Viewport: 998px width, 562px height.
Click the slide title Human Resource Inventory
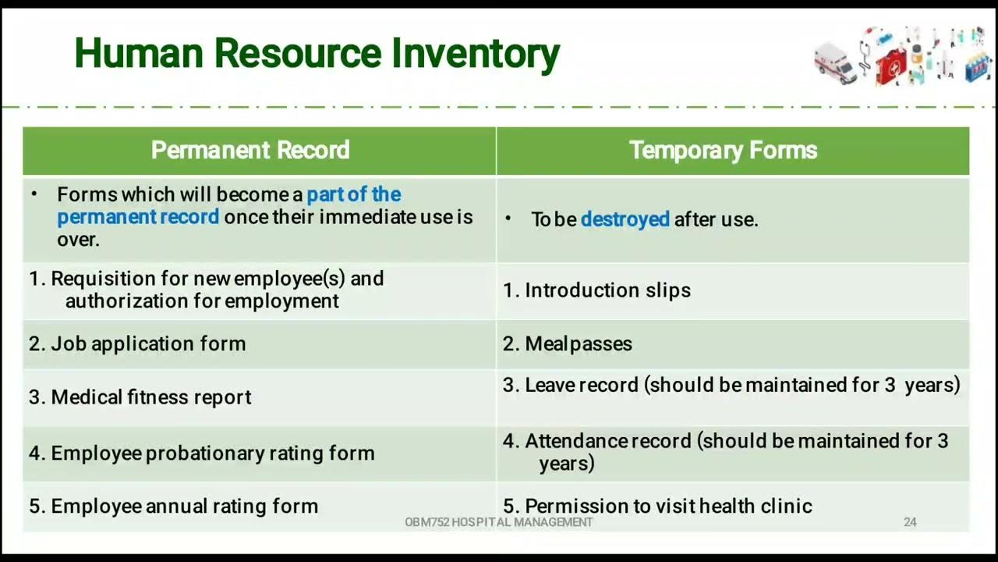coord(317,53)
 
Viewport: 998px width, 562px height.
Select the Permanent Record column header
coord(249,150)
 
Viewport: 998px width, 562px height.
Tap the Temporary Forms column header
coord(723,150)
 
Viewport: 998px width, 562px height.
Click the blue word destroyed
coord(625,219)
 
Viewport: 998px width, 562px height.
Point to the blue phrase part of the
coord(353,194)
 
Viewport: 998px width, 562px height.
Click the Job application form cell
coord(137,343)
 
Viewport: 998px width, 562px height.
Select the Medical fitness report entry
coord(140,397)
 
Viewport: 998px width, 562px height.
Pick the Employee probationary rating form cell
coord(202,453)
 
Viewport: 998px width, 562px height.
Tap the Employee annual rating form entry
coord(174,506)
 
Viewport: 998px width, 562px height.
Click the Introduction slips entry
coord(597,290)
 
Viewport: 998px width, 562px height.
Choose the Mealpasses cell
coord(568,343)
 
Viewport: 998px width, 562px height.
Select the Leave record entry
coord(731,385)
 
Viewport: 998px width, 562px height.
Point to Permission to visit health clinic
coord(657,506)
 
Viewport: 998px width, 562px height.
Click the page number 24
coord(910,522)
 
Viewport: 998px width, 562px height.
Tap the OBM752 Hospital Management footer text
coord(499,522)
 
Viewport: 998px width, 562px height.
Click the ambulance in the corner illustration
coord(834,62)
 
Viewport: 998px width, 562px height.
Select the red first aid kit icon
coord(890,67)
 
